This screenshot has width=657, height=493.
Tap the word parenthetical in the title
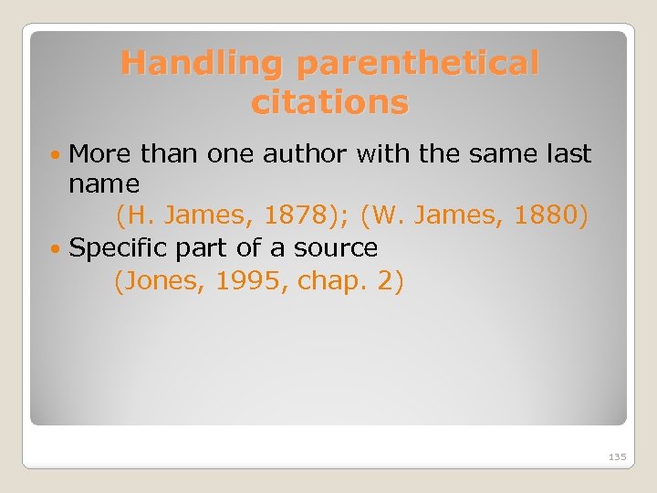pyautogui.click(x=419, y=64)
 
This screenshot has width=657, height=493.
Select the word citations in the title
pyautogui.click(x=329, y=103)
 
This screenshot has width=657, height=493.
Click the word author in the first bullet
pyautogui.click(x=306, y=153)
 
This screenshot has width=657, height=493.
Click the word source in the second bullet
pyautogui.click(x=335, y=248)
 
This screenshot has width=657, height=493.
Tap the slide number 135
pyautogui.click(x=617, y=456)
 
